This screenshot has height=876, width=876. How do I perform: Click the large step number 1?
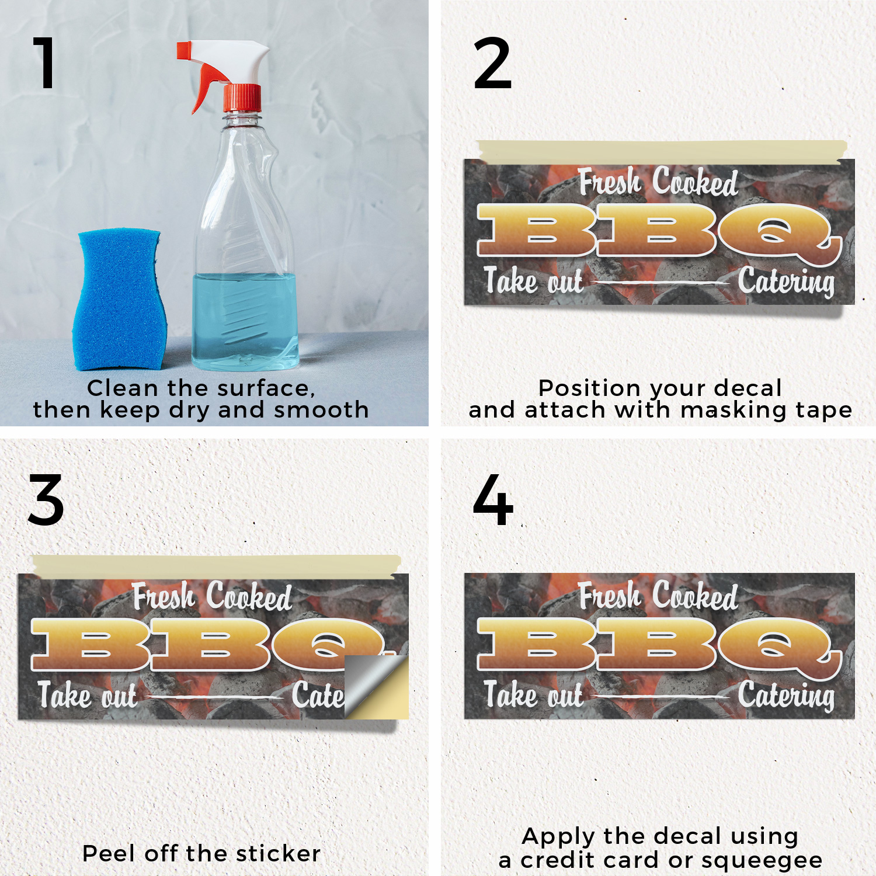point(44,62)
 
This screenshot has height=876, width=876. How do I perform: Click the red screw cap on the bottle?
point(242,98)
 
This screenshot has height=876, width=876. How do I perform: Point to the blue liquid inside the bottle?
point(245,321)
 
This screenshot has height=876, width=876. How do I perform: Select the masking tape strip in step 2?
point(661,151)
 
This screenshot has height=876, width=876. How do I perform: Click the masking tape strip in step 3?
point(216,566)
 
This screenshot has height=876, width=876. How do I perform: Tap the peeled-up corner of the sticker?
point(376,686)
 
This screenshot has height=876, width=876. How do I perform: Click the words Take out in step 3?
point(88,695)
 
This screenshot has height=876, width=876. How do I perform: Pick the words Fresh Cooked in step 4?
point(658,596)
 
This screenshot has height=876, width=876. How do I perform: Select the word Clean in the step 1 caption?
point(123,388)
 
